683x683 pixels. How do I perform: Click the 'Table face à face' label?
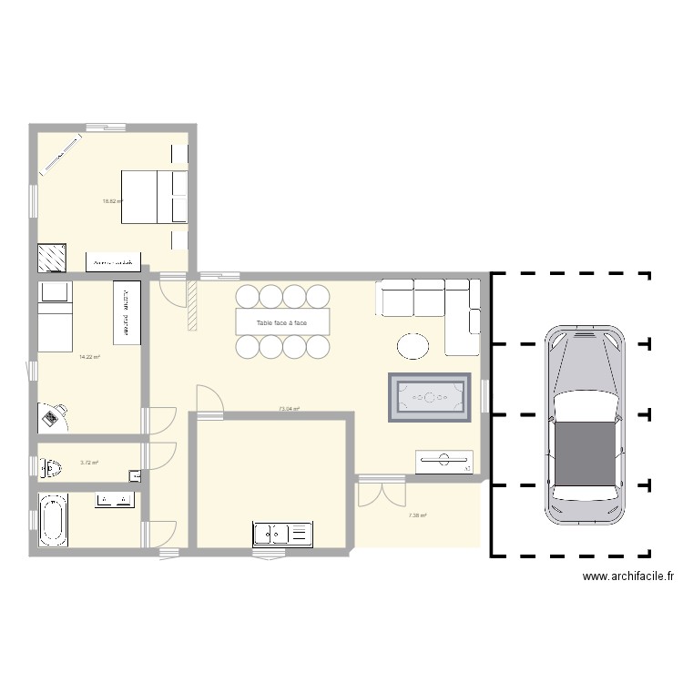pos(281,323)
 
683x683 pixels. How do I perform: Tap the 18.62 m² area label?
pos(112,201)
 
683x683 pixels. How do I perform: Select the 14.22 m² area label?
pos(89,357)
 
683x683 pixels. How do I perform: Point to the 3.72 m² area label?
pos(89,463)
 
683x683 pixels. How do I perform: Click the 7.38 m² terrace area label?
pos(417,515)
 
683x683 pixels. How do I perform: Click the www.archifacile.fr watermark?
pos(627,576)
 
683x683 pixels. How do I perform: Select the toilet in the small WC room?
pos(50,468)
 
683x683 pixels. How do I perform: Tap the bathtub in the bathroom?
pos(53,520)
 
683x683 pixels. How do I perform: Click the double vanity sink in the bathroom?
pos(115,499)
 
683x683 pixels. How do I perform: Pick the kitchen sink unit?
pos(282,535)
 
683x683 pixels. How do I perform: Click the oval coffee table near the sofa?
pos(413,345)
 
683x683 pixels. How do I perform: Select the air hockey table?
pos(430,398)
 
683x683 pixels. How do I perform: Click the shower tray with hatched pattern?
pos(52,258)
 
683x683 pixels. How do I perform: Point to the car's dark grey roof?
pos(585,452)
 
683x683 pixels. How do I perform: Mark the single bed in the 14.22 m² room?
pos(55,316)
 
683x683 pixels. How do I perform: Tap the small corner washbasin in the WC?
pos(136,474)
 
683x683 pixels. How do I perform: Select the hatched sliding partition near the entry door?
pos(192,305)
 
